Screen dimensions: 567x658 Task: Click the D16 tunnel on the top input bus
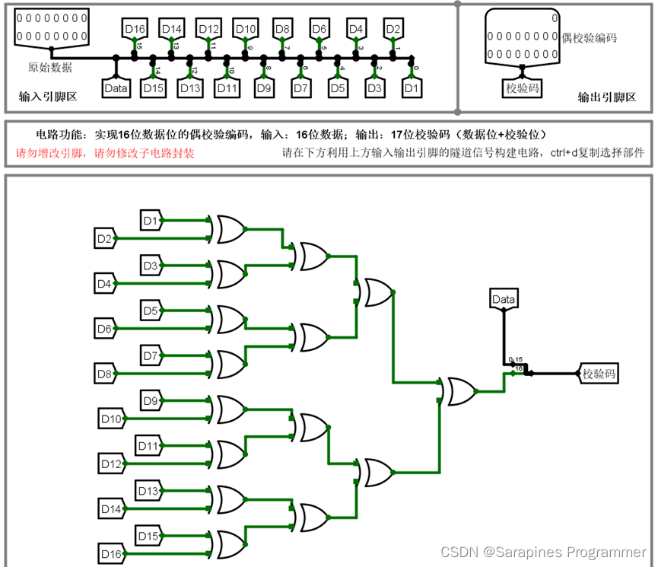pos(135,29)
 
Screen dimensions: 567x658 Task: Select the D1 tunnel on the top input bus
pos(412,88)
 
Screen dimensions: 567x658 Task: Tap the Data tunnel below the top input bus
pos(116,88)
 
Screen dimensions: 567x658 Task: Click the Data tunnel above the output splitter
pos(504,299)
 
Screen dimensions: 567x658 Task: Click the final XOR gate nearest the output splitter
pos(459,391)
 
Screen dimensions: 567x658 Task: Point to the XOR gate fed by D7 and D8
pos(230,363)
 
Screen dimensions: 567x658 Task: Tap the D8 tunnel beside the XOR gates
pos(104,373)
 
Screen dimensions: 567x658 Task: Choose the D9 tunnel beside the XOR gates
pos(151,401)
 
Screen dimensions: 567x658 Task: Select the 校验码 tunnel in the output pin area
pos(523,88)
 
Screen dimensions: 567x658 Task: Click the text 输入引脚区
pos(48,97)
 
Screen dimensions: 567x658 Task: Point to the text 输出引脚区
pos(606,97)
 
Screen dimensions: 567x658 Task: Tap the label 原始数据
pos(50,67)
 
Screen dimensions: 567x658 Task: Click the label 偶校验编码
pos(588,38)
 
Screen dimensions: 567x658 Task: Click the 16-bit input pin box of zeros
pos(50,26)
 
